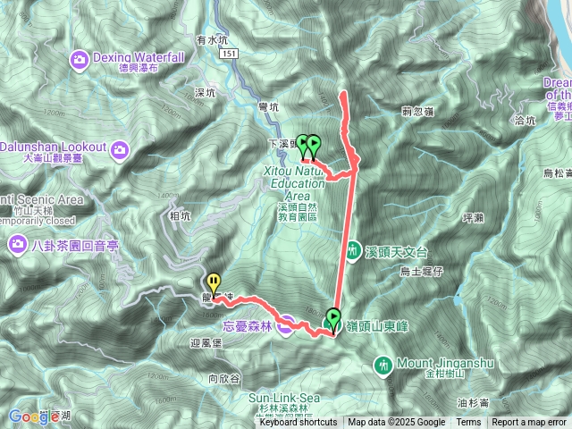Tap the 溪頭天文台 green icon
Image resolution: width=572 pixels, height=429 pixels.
[354, 249]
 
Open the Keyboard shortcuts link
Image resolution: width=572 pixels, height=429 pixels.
[299, 423]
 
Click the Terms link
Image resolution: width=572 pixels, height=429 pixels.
[468, 423]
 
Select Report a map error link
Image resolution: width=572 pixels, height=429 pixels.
[529, 423]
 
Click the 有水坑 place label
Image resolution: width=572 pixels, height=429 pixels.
[214, 40]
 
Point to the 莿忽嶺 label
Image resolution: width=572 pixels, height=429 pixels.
[418, 112]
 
